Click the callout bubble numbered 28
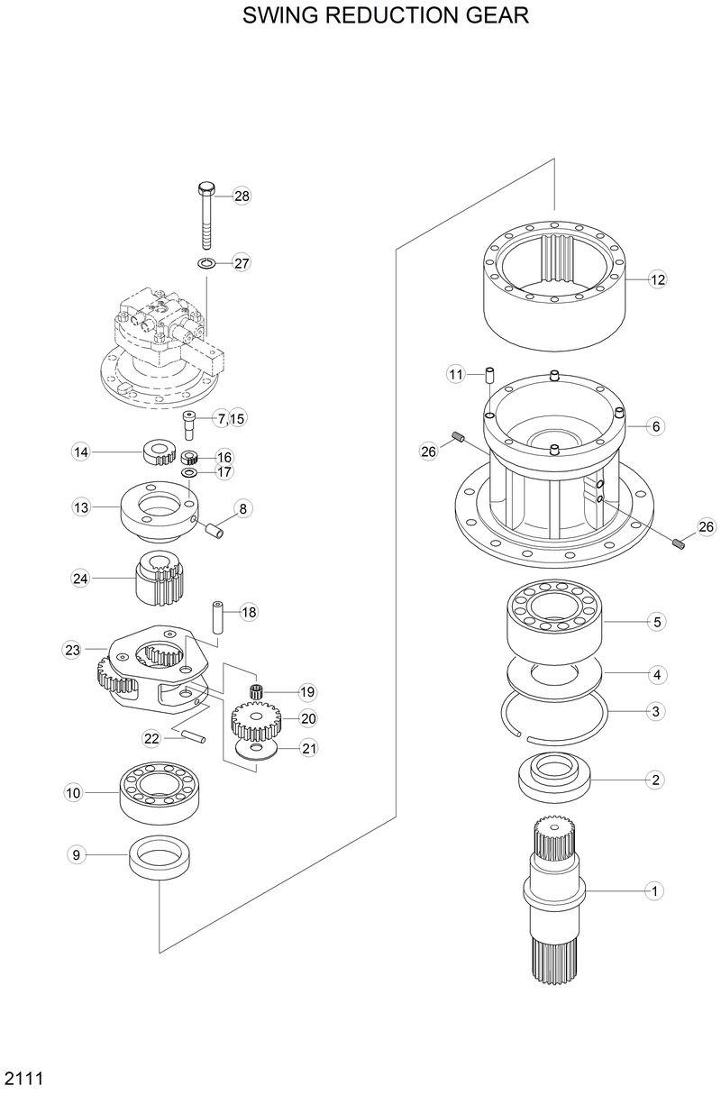[242, 196]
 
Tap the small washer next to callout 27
[205, 263]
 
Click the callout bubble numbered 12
[658, 280]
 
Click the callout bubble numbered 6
[656, 425]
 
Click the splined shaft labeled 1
[554, 892]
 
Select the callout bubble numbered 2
[656, 780]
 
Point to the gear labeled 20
[258, 719]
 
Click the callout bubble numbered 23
[73, 649]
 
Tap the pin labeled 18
[218, 616]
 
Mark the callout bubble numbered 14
[82, 452]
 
